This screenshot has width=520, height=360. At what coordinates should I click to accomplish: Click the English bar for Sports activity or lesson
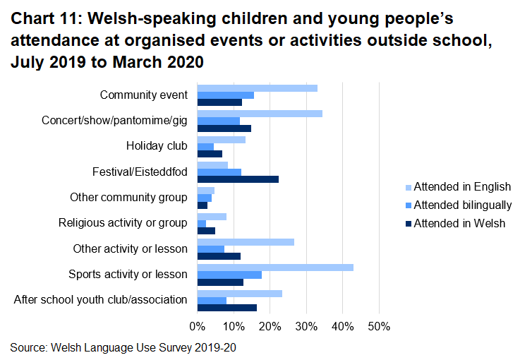click(x=275, y=267)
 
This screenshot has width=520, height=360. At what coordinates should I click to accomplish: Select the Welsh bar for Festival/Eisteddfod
click(x=238, y=179)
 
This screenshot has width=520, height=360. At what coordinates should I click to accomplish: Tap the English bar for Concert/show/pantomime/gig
click(x=260, y=113)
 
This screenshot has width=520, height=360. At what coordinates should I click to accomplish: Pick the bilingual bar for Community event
click(x=225, y=95)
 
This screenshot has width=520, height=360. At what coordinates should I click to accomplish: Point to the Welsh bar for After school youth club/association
click(x=226, y=308)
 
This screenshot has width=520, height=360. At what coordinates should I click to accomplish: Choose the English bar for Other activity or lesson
click(x=246, y=241)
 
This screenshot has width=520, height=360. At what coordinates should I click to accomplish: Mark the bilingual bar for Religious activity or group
click(x=202, y=224)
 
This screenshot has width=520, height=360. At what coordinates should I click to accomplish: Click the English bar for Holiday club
click(x=221, y=139)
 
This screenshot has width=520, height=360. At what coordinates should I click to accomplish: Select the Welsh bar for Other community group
click(x=202, y=205)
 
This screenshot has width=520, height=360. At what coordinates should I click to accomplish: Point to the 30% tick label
click(x=306, y=326)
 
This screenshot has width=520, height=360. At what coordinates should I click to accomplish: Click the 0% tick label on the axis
click(x=197, y=326)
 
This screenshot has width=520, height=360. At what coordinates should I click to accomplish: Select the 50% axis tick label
click(x=378, y=326)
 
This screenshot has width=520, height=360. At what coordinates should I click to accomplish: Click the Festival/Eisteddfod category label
click(x=140, y=172)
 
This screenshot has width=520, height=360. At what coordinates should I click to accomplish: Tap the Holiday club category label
click(x=157, y=146)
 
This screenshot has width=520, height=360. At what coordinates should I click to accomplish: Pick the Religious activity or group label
click(x=123, y=223)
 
